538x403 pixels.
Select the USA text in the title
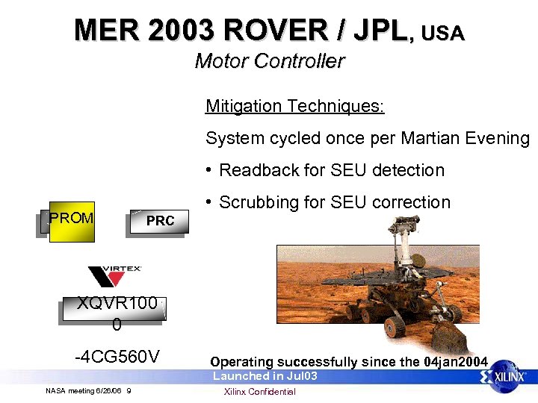click(x=442, y=33)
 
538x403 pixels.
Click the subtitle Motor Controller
click(x=269, y=61)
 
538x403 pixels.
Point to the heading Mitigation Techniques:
click(x=294, y=106)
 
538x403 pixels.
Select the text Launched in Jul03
click(x=265, y=376)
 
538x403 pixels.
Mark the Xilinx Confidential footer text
click(x=260, y=392)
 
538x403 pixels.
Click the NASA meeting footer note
click(x=88, y=391)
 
